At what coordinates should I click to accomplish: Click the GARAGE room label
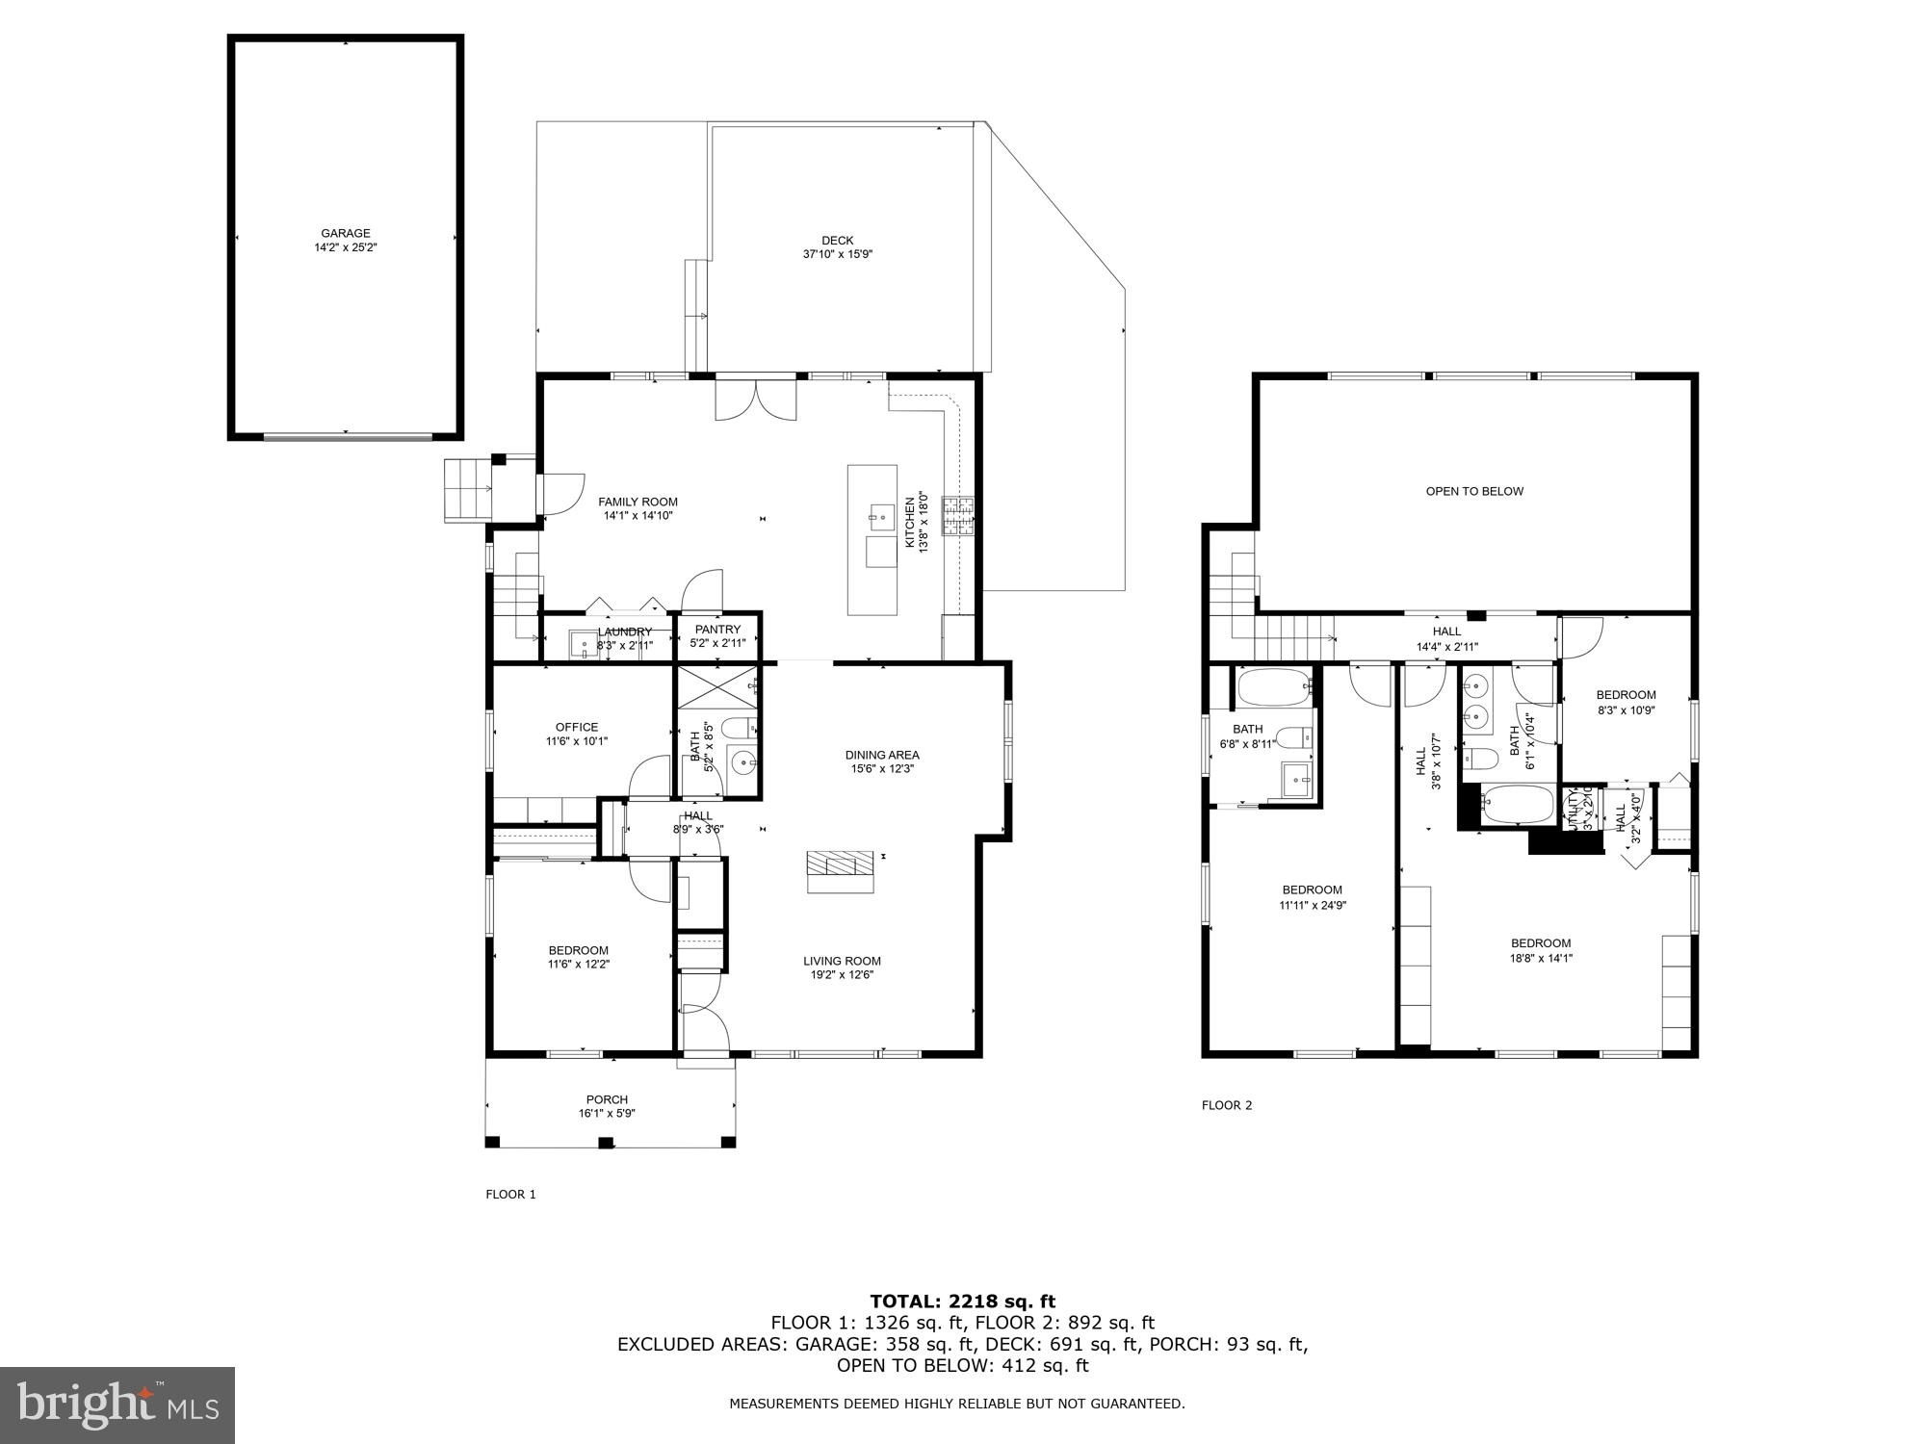pyautogui.click(x=345, y=234)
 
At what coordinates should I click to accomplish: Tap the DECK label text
pyautogui.click(x=837, y=241)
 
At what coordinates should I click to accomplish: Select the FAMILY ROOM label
pyautogui.click(x=638, y=502)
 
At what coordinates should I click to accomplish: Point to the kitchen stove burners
pyautogui.click(x=958, y=515)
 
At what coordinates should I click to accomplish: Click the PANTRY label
pyautogui.click(x=717, y=630)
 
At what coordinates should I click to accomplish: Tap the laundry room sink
pyautogui.click(x=584, y=643)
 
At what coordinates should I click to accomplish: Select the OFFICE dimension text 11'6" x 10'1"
pyautogui.click(x=576, y=741)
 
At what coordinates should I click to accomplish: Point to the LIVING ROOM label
pyautogui.click(x=842, y=961)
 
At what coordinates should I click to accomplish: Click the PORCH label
pyautogui.click(x=607, y=1099)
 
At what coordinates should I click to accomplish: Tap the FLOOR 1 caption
pyautogui.click(x=510, y=1195)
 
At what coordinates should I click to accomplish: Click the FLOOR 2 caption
pyautogui.click(x=1226, y=1105)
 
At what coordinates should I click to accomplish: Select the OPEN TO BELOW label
pyautogui.click(x=1474, y=491)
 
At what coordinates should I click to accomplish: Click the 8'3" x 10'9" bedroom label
pyautogui.click(x=1626, y=695)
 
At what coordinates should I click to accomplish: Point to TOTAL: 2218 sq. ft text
pyautogui.click(x=962, y=1302)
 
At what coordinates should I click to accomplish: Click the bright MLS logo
pyautogui.click(x=117, y=1405)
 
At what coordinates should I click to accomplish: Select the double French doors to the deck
pyautogui.click(x=756, y=399)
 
